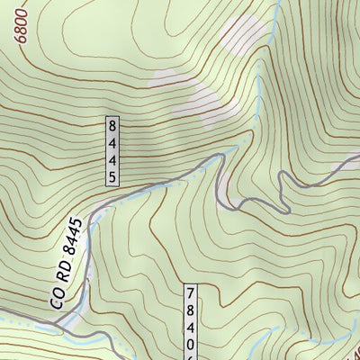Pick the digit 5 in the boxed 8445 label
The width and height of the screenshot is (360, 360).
(112, 177)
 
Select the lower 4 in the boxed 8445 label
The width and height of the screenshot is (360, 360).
(112, 159)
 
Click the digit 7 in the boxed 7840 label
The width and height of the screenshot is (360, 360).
(190, 293)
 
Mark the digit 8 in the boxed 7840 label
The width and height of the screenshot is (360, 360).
(190, 311)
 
